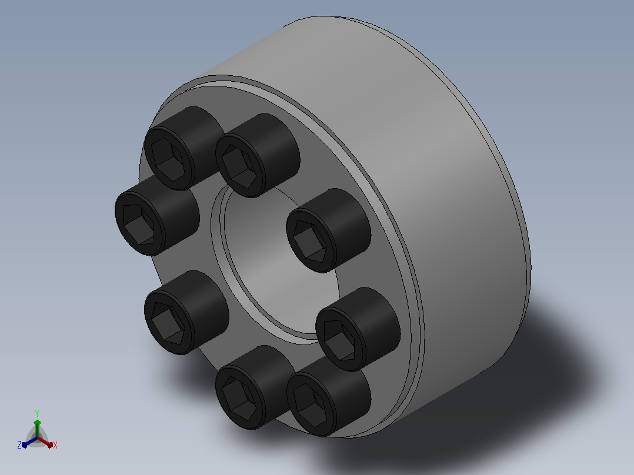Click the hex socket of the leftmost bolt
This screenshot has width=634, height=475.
tap(139, 224)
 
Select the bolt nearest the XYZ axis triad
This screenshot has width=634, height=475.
tap(186, 312)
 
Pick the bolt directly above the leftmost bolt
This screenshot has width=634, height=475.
tap(184, 148)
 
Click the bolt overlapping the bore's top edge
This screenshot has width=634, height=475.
tap(257, 155)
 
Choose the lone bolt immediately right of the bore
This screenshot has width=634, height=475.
tap(328, 230)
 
